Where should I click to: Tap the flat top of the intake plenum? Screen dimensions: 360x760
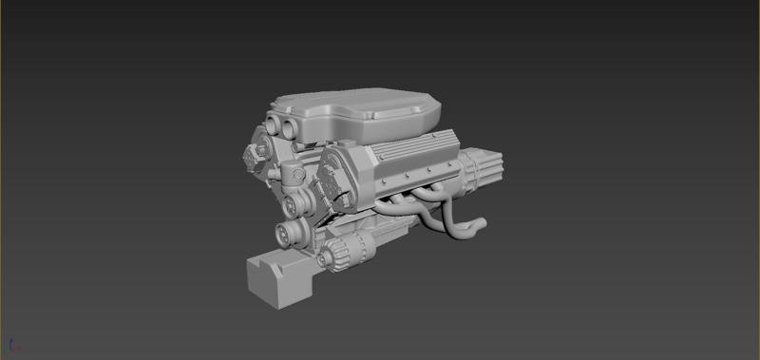(x=361, y=104)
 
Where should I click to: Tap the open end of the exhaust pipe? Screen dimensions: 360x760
(x=482, y=225)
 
